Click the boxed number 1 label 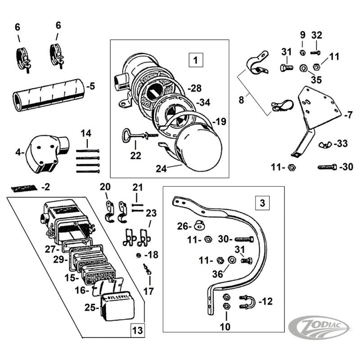click(x=195, y=59)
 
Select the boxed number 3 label click(x=262, y=204)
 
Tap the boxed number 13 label click(x=137, y=331)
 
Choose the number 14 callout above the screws click(x=86, y=133)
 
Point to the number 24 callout click(x=162, y=169)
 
